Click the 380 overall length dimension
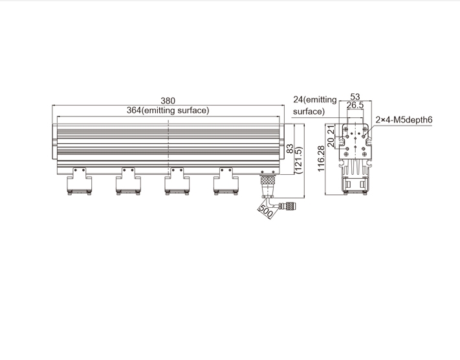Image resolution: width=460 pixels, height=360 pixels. click(x=168, y=101)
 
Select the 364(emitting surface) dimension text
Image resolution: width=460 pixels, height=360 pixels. click(x=168, y=111)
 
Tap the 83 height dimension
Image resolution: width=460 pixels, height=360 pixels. click(x=290, y=148)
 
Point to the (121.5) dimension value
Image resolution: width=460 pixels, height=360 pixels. click(x=299, y=160)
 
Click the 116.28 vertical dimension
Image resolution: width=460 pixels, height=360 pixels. click(x=321, y=159)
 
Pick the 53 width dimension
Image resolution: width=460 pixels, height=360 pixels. click(x=355, y=96)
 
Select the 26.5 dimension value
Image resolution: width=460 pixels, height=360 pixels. click(x=355, y=105)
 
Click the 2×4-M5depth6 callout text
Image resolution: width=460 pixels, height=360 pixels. click(x=404, y=120)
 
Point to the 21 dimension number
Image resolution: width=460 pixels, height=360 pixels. click(x=331, y=129)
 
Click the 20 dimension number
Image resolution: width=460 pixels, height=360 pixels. click(x=331, y=142)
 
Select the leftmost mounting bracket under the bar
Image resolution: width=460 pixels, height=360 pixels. click(x=79, y=181)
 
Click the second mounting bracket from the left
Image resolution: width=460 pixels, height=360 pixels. click(x=128, y=181)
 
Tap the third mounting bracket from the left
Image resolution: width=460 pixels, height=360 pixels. click(x=177, y=181)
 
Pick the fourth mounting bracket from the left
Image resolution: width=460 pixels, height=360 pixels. click(x=226, y=181)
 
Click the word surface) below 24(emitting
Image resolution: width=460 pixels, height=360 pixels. click(x=309, y=111)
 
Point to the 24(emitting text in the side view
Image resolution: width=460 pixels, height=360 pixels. click(x=315, y=100)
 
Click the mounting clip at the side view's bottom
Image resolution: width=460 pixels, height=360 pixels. click(x=355, y=185)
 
